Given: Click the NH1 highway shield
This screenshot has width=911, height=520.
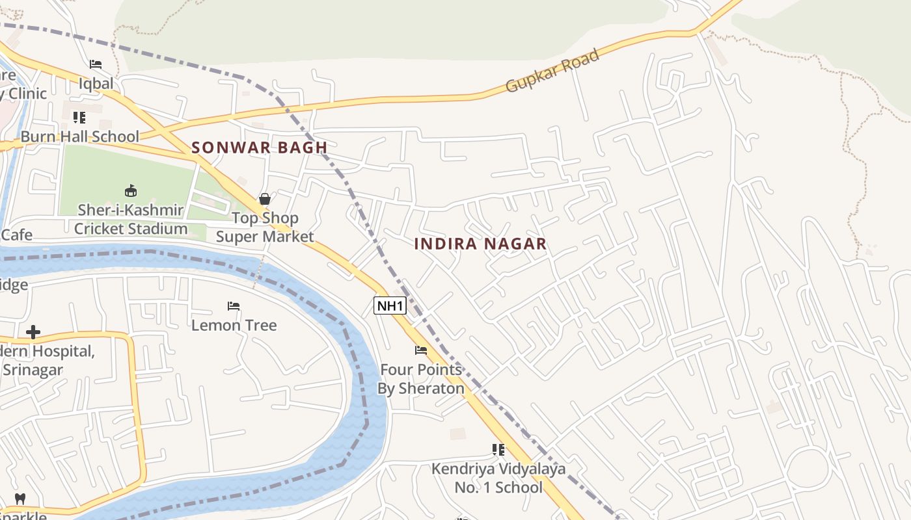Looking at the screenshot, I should (x=390, y=305).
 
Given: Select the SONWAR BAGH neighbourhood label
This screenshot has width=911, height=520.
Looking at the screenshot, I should (x=259, y=148).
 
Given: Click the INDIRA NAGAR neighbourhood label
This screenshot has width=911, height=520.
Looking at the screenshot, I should (x=480, y=244).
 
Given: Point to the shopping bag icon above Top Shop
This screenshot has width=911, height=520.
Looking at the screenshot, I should (x=265, y=199).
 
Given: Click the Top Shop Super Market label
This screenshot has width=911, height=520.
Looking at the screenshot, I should (x=265, y=227).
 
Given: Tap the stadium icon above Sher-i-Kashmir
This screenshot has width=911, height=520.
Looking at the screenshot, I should (x=131, y=190).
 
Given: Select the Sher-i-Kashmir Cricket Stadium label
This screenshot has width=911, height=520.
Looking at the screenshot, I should (x=131, y=220).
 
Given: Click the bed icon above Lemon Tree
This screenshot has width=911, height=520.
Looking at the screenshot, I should (x=234, y=305).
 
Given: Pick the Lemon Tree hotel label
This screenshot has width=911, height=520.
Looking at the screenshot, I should (x=234, y=325).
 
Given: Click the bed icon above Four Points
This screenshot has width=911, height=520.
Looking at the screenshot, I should (x=421, y=350).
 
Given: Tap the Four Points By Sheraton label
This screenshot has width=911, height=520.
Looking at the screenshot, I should (x=421, y=379).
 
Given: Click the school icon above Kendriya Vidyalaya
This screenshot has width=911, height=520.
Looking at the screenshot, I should (x=498, y=449).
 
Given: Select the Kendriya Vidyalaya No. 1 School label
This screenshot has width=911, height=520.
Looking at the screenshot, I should (x=498, y=478).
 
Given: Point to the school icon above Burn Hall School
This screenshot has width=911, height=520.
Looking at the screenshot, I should (x=79, y=118).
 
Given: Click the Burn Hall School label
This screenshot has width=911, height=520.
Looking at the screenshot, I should (x=80, y=136).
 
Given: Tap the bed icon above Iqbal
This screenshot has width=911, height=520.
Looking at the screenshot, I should (x=96, y=64).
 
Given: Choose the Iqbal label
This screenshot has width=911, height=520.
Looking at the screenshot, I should (x=96, y=83).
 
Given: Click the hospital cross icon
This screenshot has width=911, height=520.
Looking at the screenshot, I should (x=33, y=333).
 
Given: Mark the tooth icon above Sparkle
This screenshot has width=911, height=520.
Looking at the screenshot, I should (x=20, y=499).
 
